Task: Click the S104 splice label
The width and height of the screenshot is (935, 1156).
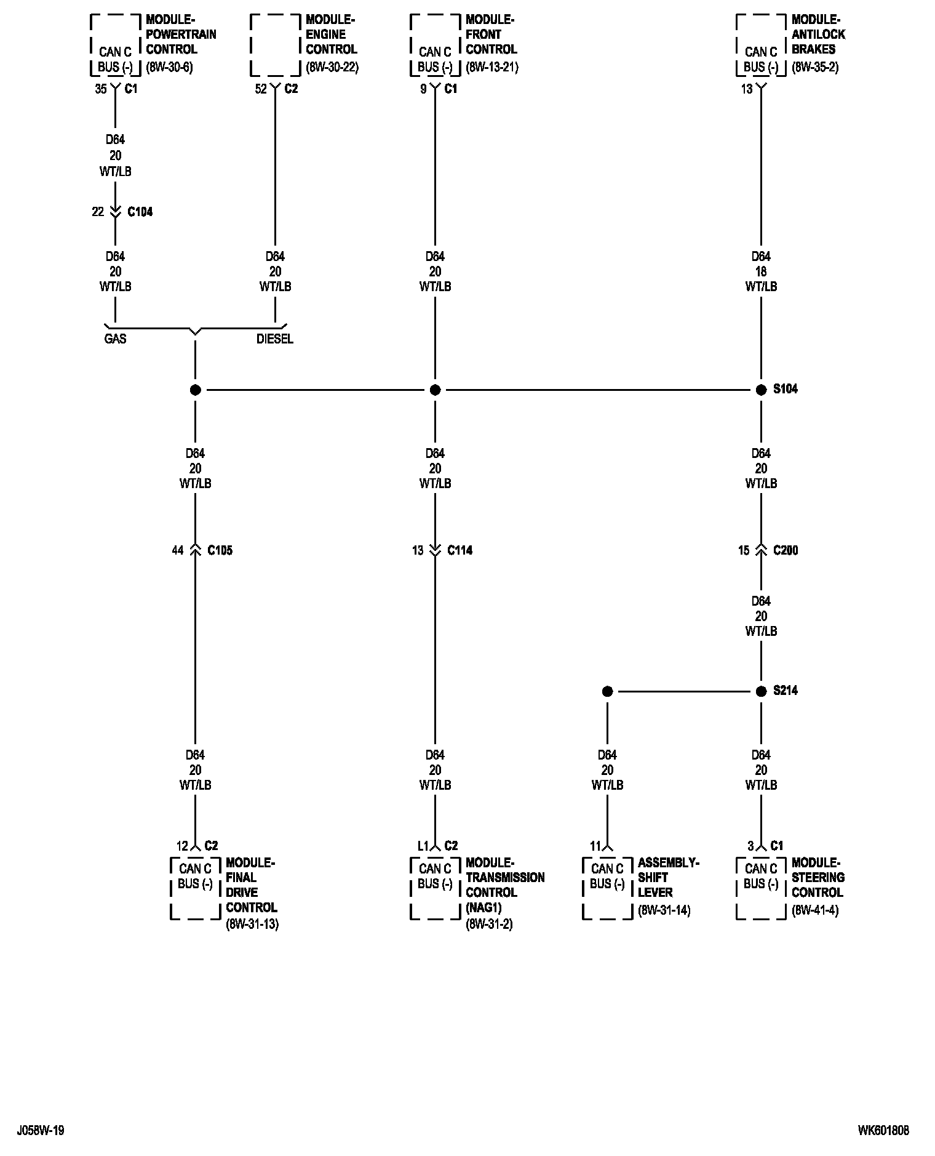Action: coord(785,389)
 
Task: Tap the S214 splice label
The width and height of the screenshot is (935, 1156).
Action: coord(785,691)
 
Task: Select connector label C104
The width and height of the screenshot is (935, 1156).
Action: coord(140,212)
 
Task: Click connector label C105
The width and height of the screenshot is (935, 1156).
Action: coord(220,550)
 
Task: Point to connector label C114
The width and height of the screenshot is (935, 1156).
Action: coord(460,550)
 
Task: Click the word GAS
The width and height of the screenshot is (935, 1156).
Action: coord(115,339)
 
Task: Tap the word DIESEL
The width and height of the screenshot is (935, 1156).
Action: coord(275,339)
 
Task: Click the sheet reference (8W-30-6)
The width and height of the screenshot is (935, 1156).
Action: coord(169,67)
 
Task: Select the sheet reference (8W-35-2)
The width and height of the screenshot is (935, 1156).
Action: coord(814,67)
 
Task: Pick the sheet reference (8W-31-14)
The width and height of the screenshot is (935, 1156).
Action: coord(664,910)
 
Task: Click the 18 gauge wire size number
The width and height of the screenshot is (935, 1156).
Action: coord(761,271)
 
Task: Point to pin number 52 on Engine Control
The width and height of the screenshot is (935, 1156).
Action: coord(261,89)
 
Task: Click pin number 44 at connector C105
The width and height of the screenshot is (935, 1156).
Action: coord(177,550)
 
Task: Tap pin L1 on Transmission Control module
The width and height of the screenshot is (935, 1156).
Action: coord(423,846)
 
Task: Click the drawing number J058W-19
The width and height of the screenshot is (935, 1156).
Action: coord(41,1130)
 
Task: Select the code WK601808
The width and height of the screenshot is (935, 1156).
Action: coord(883,1130)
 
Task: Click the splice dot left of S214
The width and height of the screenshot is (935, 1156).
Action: coord(607,691)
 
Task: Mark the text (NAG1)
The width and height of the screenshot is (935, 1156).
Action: coord(484,907)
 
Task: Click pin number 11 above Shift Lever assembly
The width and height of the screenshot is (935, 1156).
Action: coord(595,846)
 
